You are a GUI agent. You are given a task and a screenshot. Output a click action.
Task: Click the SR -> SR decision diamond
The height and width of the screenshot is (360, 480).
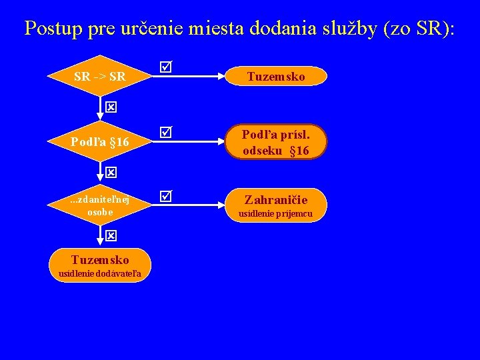coord(100,76)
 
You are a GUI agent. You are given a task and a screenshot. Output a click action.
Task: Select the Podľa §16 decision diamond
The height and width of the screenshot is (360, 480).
coord(100,141)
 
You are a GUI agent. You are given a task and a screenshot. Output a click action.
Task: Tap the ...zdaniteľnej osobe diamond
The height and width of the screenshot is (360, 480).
coord(100,206)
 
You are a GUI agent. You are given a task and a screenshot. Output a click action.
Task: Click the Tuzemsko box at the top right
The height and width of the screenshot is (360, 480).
coord(275,76)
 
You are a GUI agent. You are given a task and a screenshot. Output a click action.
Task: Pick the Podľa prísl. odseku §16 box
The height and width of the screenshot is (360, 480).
coord(275,141)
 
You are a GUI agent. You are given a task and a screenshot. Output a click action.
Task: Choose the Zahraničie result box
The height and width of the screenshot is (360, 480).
coord(275,205)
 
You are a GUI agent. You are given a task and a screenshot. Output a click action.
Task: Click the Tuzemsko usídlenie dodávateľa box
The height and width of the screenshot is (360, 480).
coord(100,266)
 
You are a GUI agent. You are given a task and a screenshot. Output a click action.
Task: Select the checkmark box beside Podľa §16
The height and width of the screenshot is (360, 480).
coord(165,133)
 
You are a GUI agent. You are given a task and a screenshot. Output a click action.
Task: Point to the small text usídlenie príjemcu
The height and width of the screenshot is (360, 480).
coord(275,214)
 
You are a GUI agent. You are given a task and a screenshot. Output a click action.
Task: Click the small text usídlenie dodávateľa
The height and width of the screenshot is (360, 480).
coord(100,274)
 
